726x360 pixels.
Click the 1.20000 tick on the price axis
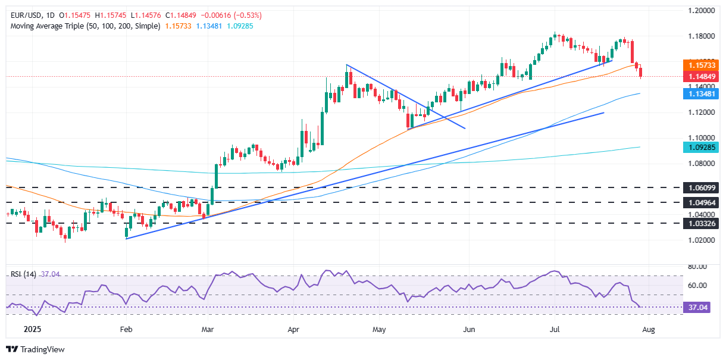700,11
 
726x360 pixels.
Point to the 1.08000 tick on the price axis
700,162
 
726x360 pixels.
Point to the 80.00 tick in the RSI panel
697,267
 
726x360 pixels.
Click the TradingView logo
36,349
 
